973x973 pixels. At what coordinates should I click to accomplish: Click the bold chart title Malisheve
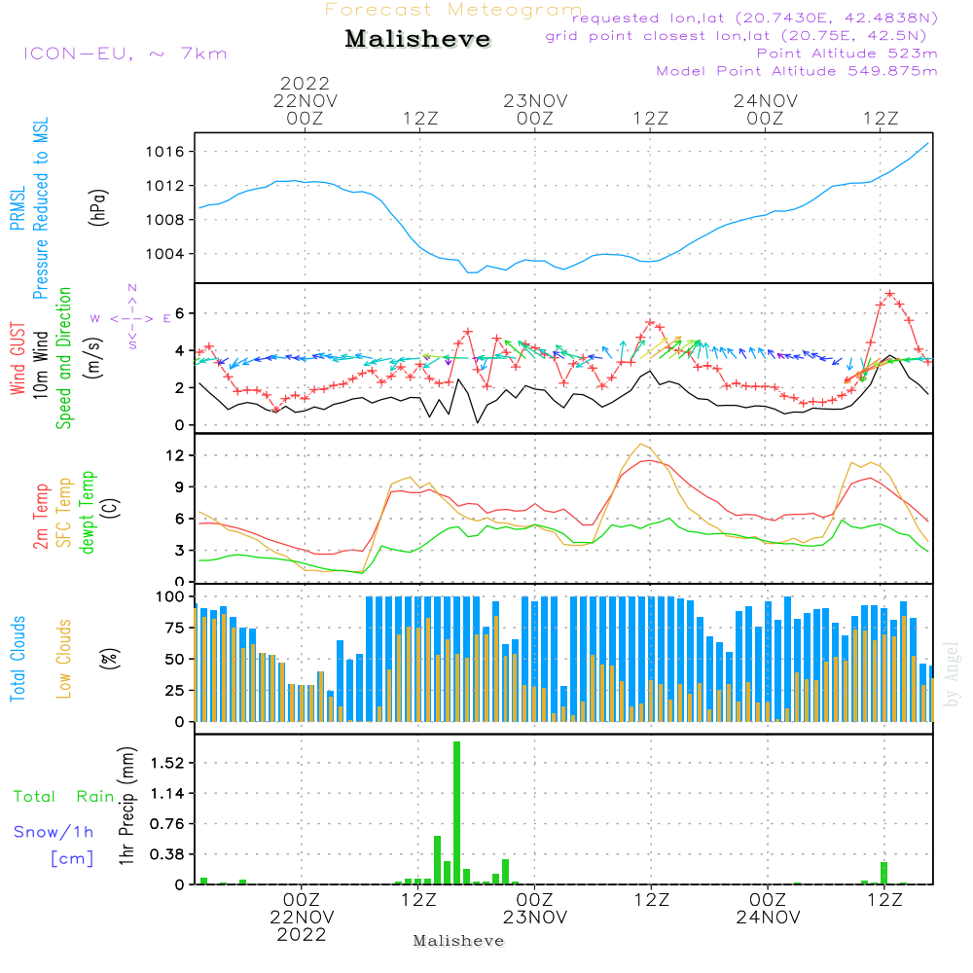pyautogui.click(x=417, y=40)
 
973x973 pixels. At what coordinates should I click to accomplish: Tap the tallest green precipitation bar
pyautogui.click(x=456, y=812)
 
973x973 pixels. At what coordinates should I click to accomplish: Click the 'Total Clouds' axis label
pyautogui.click(x=18, y=658)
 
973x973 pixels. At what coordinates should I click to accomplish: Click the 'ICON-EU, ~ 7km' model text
pyautogui.click(x=125, y=54)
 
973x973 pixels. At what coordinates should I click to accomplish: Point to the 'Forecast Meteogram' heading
pyautogui.click(x=453, y=10)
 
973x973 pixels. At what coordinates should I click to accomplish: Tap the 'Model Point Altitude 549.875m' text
pyautogui.click(x=797, y=71)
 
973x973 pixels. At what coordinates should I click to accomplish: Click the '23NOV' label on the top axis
pyautogui.click(x=535, y=100)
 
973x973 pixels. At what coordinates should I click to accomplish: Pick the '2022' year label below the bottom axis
pyautogui.click(x=302, y=935)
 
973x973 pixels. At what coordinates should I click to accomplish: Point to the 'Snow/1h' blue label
pyautogui.click(x=54, y=832)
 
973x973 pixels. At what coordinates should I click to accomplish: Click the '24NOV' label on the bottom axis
pyautogui.click(x=768, y=918)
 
